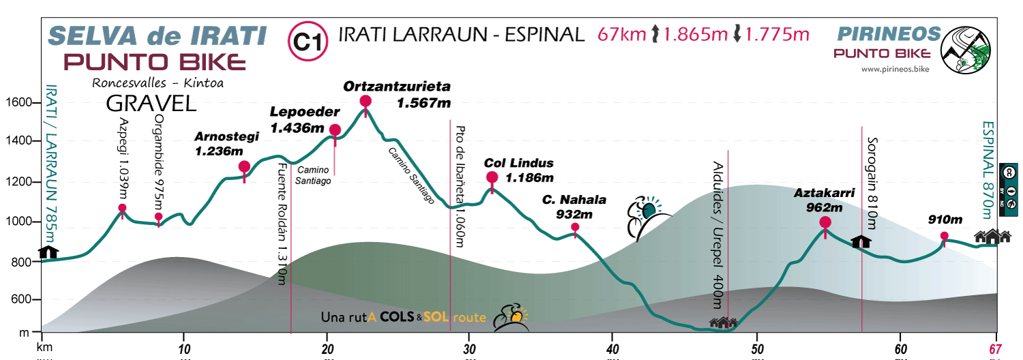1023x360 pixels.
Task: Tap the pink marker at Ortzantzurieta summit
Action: pyautogui.click(x=366, y=102)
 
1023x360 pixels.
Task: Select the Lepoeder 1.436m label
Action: pyautogui.click(x=297, y=119)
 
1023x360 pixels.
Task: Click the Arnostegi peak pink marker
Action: pyautogui.click(x=244, y=166)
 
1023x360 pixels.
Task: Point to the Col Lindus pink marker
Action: pyautogui.click(x=492, y=178)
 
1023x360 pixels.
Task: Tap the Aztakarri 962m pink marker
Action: pyautogui.click(x=825, y=222)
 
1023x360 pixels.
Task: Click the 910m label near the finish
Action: pyautogui.click(x=945, y=220)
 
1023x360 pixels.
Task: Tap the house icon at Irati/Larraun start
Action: pyautogui.click(x=48, y=252)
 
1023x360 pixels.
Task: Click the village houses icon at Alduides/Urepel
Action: pyautogui.click(x=724, y=322)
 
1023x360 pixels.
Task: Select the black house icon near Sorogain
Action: pyautogui.click(x=861, y=241)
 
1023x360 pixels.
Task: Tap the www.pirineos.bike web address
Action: pyautogui.click(x=895, y=69)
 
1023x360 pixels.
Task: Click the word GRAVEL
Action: pyautogui.click(x=151, y=103)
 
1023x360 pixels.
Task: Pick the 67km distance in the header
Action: pyautogui.click(x=621, y=34)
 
